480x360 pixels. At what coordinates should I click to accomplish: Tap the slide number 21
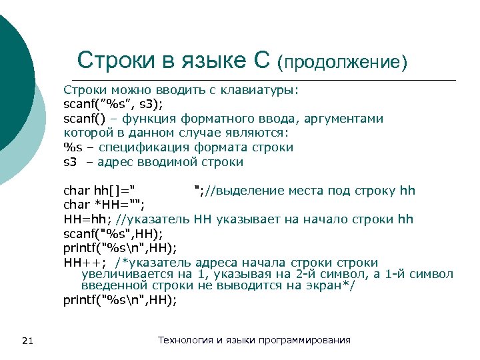tap(27, 341)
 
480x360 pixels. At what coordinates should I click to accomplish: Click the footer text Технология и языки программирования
tap(253, 341)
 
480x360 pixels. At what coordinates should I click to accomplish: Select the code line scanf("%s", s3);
tap(113, 104)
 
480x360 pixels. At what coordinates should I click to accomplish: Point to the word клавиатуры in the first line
tap(265, 89)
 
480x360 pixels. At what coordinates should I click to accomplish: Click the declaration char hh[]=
tap(99, 191)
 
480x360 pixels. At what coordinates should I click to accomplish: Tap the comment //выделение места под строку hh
tap(304, 191)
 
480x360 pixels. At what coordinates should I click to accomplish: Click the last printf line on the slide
tap(120, 300)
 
